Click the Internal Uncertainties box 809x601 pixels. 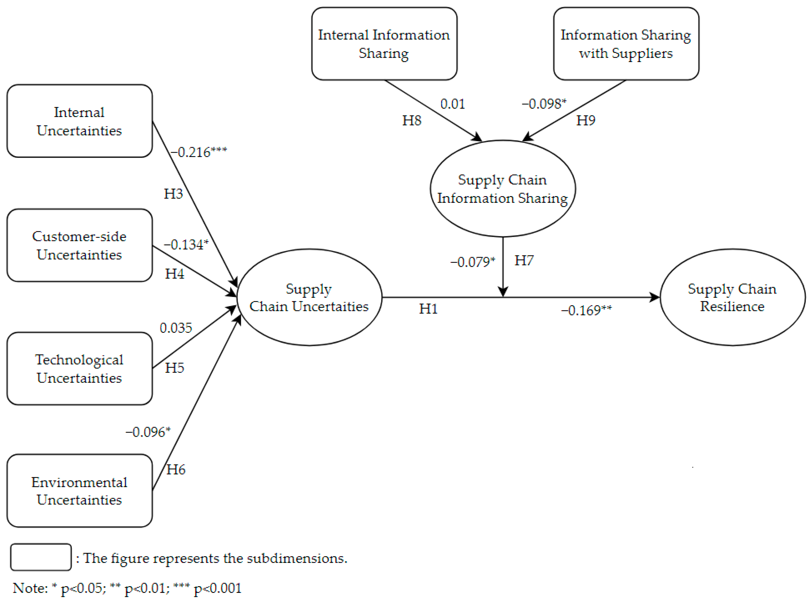[79, 121]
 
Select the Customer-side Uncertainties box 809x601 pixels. [79, 246]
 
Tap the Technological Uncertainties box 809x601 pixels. [79, 369]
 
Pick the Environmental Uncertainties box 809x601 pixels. [79, 491]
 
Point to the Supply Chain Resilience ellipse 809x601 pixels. [732, 297]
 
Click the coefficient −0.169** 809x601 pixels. [586, 310]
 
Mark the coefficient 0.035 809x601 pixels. [176, 328]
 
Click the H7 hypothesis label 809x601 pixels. [524, 261]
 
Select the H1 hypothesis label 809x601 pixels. [428, 309]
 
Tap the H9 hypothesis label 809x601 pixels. [585, 120]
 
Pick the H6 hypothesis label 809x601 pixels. [176, 470]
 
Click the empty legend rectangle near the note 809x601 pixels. [41, 557]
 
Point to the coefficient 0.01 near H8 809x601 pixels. [452, 104]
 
